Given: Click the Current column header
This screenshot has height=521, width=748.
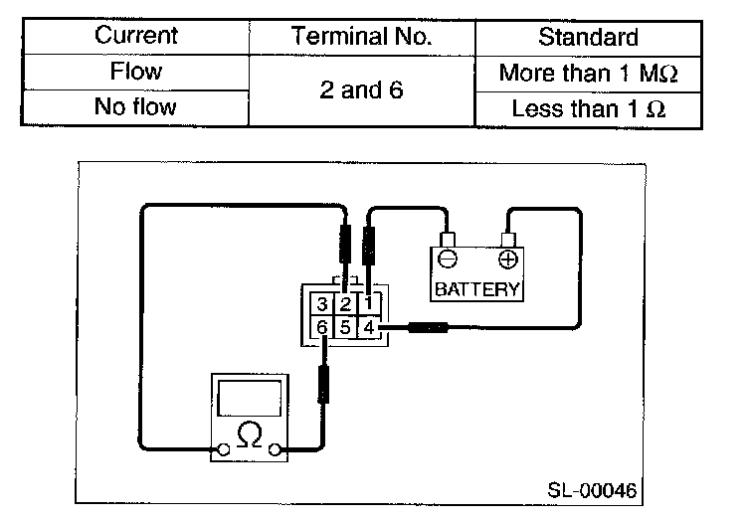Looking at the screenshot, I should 135,37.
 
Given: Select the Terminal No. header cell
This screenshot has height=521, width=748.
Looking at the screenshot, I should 362,37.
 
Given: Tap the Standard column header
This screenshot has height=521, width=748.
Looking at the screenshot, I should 588,37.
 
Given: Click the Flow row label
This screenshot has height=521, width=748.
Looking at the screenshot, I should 135,72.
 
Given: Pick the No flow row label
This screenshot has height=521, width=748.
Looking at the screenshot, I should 135,106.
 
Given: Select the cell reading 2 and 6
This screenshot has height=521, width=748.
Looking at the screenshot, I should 362,89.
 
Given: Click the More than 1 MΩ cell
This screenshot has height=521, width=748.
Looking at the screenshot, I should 588,73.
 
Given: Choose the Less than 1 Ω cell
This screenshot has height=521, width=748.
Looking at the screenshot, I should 588,107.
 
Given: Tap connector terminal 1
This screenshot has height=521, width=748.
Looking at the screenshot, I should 368,303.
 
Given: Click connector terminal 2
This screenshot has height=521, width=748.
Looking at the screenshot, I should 345,303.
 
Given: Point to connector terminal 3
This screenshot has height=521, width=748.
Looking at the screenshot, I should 322,303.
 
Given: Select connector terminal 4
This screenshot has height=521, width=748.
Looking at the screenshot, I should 368,326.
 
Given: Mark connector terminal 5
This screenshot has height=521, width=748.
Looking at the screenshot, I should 345,326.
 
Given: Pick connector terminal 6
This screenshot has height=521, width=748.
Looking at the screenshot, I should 322,326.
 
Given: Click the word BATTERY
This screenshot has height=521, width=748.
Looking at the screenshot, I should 477,290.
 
